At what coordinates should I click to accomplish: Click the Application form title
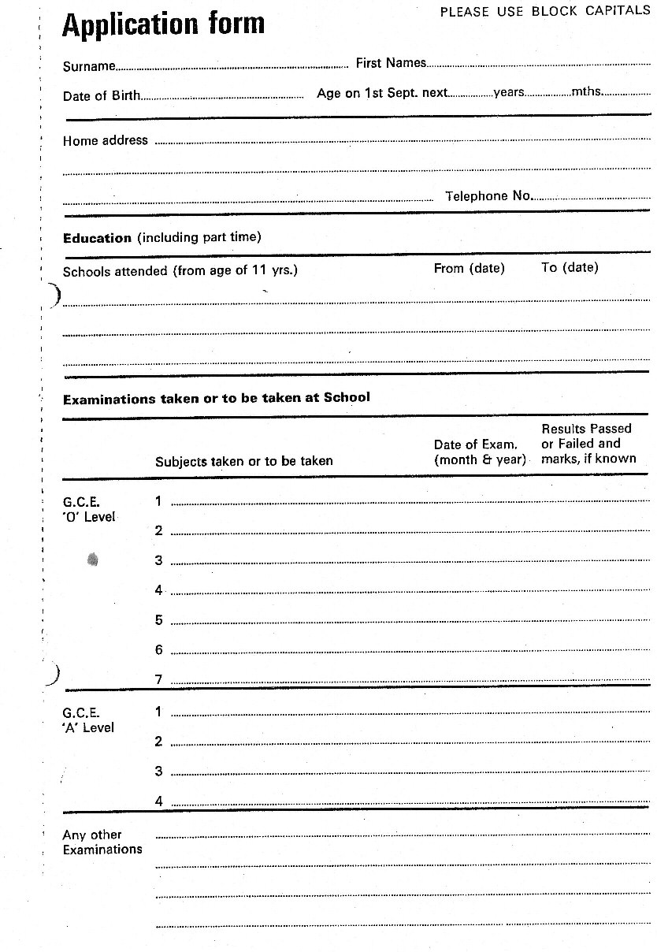(163, 25)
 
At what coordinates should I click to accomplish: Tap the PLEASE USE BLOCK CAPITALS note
(544, 12)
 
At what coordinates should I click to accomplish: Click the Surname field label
(88, 67)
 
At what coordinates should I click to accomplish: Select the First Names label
(391, 63)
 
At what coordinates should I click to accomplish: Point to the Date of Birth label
(102, 96)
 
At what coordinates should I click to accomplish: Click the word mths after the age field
(587, 91)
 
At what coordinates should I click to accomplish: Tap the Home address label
(105, 140)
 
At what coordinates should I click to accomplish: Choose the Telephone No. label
(488, 196)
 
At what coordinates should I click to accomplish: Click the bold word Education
(97, 238)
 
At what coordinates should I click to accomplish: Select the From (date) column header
(469, 268)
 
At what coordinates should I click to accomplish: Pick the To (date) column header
(570, 268)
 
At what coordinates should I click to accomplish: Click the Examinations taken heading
(216, 398)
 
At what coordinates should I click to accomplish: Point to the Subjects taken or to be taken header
(243, 461)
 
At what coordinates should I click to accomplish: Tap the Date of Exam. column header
(479, 452)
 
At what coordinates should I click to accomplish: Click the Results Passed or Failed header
(588, 444)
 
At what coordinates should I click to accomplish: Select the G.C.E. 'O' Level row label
(88, 509)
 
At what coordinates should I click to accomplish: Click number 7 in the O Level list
(158, 679)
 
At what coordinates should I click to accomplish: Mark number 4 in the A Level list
(158, 801)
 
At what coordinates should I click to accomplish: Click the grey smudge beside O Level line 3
(93, 560)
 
